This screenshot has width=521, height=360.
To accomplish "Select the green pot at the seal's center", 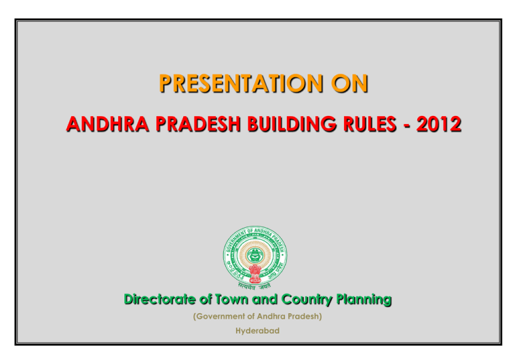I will (255, 255).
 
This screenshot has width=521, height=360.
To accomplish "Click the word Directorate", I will (160, 299).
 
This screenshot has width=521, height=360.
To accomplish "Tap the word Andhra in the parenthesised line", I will (268, 317).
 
